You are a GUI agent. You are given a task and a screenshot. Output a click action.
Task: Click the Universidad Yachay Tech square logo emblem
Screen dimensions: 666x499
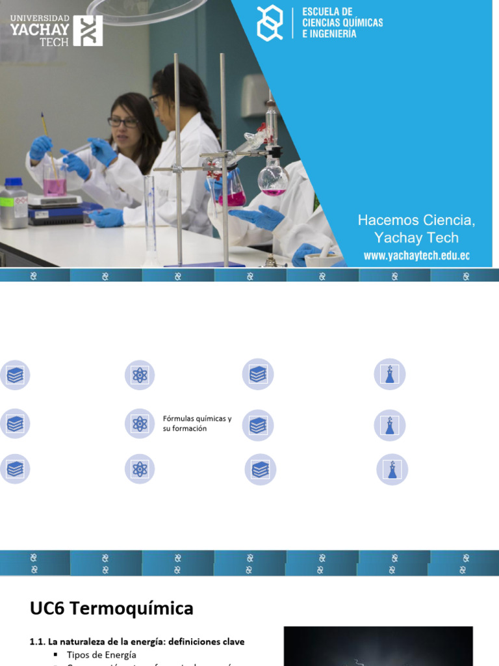click(x=88, y=31)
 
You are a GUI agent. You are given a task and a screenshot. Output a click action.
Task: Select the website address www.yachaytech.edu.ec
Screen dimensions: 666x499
click(x=416, y=256)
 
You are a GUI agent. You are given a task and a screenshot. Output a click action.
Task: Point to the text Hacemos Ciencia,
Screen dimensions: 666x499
click(x=416, y=220)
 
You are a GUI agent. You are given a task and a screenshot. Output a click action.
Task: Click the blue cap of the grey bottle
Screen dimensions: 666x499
click(x=13, y=182)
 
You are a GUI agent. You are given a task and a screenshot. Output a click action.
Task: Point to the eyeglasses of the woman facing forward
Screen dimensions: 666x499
click(x=122, y=122)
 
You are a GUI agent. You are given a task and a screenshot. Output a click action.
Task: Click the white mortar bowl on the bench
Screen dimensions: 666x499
click(x=323, y=260)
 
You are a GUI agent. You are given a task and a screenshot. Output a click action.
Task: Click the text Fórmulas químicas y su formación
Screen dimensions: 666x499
click(x=197, y=423)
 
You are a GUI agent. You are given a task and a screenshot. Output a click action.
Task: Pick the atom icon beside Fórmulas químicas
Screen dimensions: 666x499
click(x=140, y=424)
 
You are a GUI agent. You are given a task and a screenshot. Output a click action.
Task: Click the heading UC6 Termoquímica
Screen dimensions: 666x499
click(x=111, y=608)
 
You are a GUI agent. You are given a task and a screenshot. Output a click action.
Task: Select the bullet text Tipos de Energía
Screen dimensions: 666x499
click(x=101, y=654)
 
